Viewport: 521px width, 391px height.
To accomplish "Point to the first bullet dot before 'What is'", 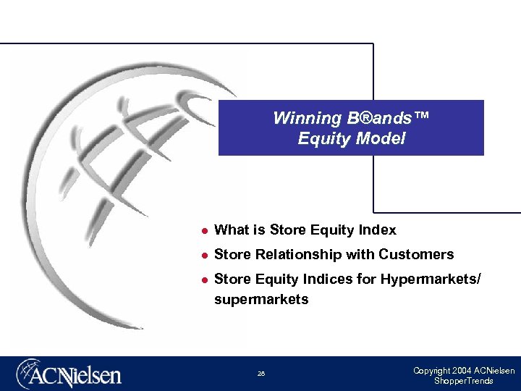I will [x=205, y=231].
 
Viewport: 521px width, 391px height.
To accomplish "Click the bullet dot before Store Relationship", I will [x=205, y=255].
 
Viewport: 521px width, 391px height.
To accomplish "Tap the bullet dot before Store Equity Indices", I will [x=205, y=279].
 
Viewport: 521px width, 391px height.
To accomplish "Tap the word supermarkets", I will [x=261, y=300].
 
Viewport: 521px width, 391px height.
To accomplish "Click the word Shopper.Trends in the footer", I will [x=463, y=381].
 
